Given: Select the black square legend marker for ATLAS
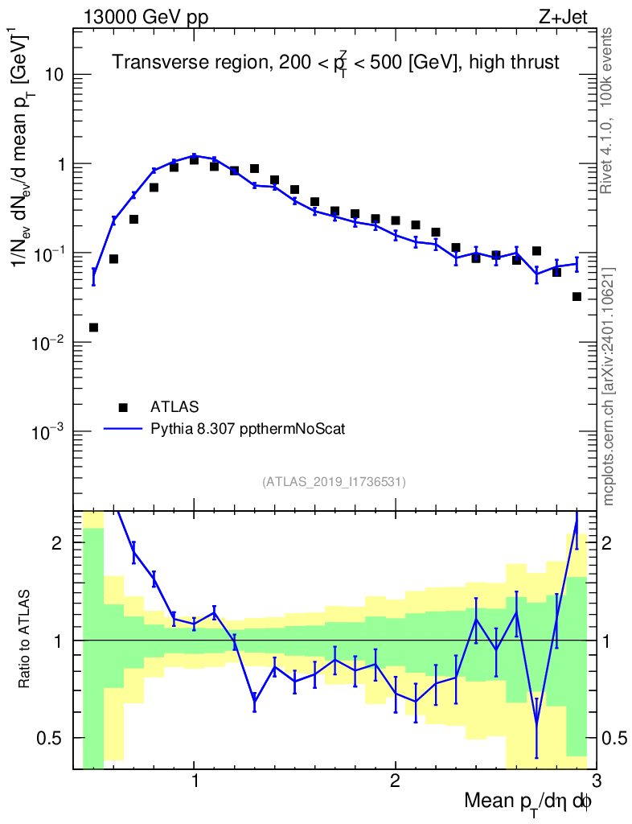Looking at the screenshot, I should pyautogui.click(x=123, y=407).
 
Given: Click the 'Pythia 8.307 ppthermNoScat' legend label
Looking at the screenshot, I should pyautogui.click(x=248, y=429).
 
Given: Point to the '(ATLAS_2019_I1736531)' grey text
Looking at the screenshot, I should pyautogui.click(x=334, y=482).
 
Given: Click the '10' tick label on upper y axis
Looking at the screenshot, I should pyautogui.click(x=53, y=75).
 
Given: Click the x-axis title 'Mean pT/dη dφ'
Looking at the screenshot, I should pyautogui.click(x=528, y=803).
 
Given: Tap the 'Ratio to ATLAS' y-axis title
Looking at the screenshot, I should pyautogui.click(x=25, y=639).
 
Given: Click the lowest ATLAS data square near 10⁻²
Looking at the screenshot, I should pyautogui.click(x=93, y=328).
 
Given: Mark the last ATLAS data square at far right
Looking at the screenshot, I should pyautogui.click(x=577, y=297).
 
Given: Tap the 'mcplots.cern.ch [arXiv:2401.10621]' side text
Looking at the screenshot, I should pyautogui.click(x=609, y=386).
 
